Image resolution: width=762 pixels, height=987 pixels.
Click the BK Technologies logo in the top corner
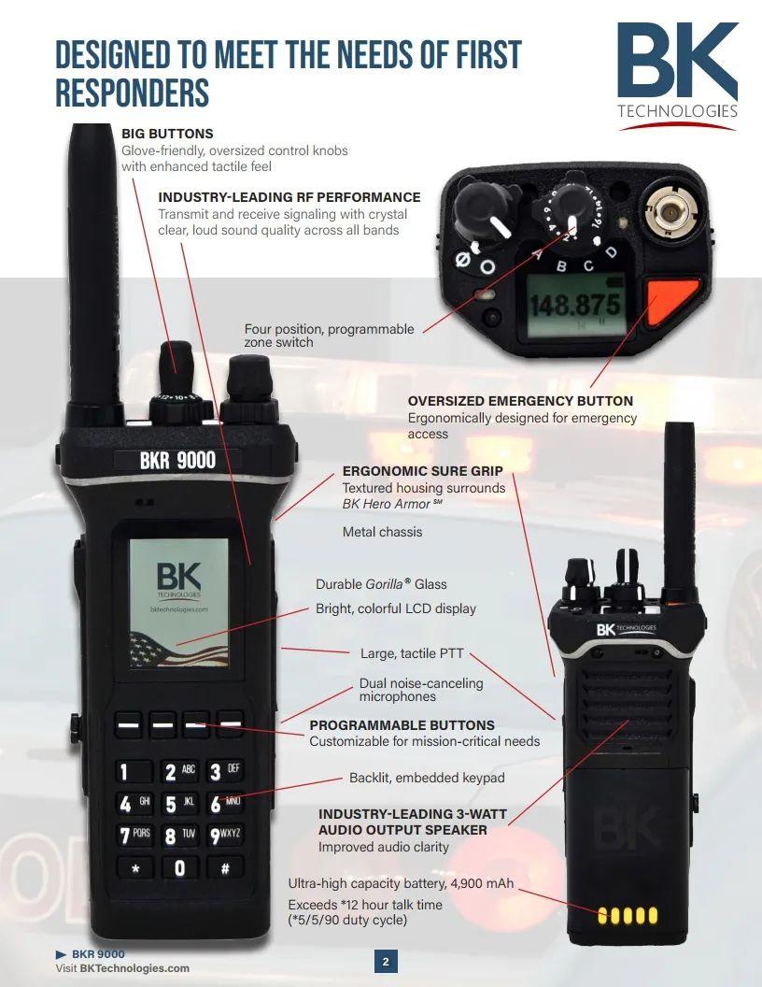pos(677,75)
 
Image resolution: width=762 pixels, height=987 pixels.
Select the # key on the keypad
pos(225,868)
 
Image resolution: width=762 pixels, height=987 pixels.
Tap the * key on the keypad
pos(135,868)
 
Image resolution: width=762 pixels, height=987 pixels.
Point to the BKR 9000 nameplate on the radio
pos(177,459)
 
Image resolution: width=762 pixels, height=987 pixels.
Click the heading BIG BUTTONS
pos(167,134)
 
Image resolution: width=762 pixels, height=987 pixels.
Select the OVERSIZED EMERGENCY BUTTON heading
pos(520,401)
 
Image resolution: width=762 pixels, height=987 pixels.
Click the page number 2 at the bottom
pos(386,961)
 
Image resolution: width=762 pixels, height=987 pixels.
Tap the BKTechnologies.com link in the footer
pos(134,968)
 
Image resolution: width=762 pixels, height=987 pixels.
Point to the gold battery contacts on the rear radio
pos(627,915)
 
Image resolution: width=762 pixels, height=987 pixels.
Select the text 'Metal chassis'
pos(382,532)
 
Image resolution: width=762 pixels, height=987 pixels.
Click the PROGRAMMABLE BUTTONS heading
pos(402,725)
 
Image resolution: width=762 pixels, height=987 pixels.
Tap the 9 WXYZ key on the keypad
pos(225,835)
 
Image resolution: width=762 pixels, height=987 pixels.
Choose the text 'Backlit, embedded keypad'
pos(427,778)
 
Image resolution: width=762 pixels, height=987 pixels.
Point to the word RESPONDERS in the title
pos(132,93)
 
